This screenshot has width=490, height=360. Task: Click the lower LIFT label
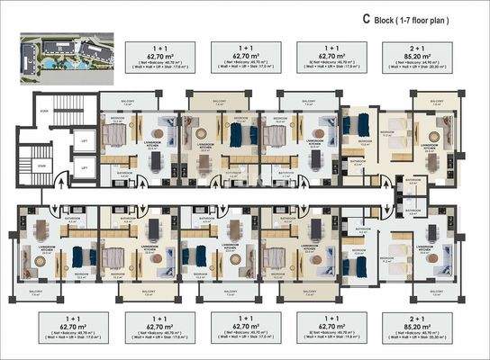coord(83,166)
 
